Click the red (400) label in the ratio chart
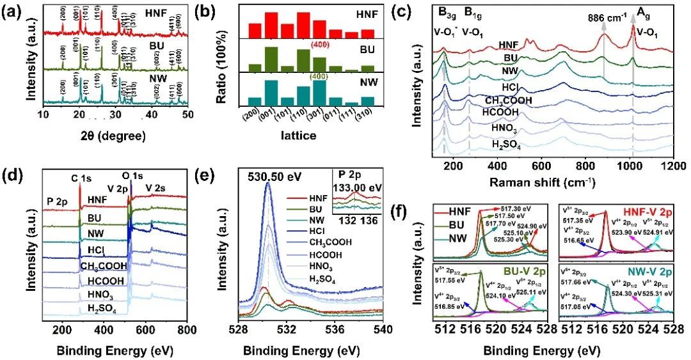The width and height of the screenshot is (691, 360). coord(320,45)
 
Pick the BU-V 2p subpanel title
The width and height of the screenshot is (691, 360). coord(522,269)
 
